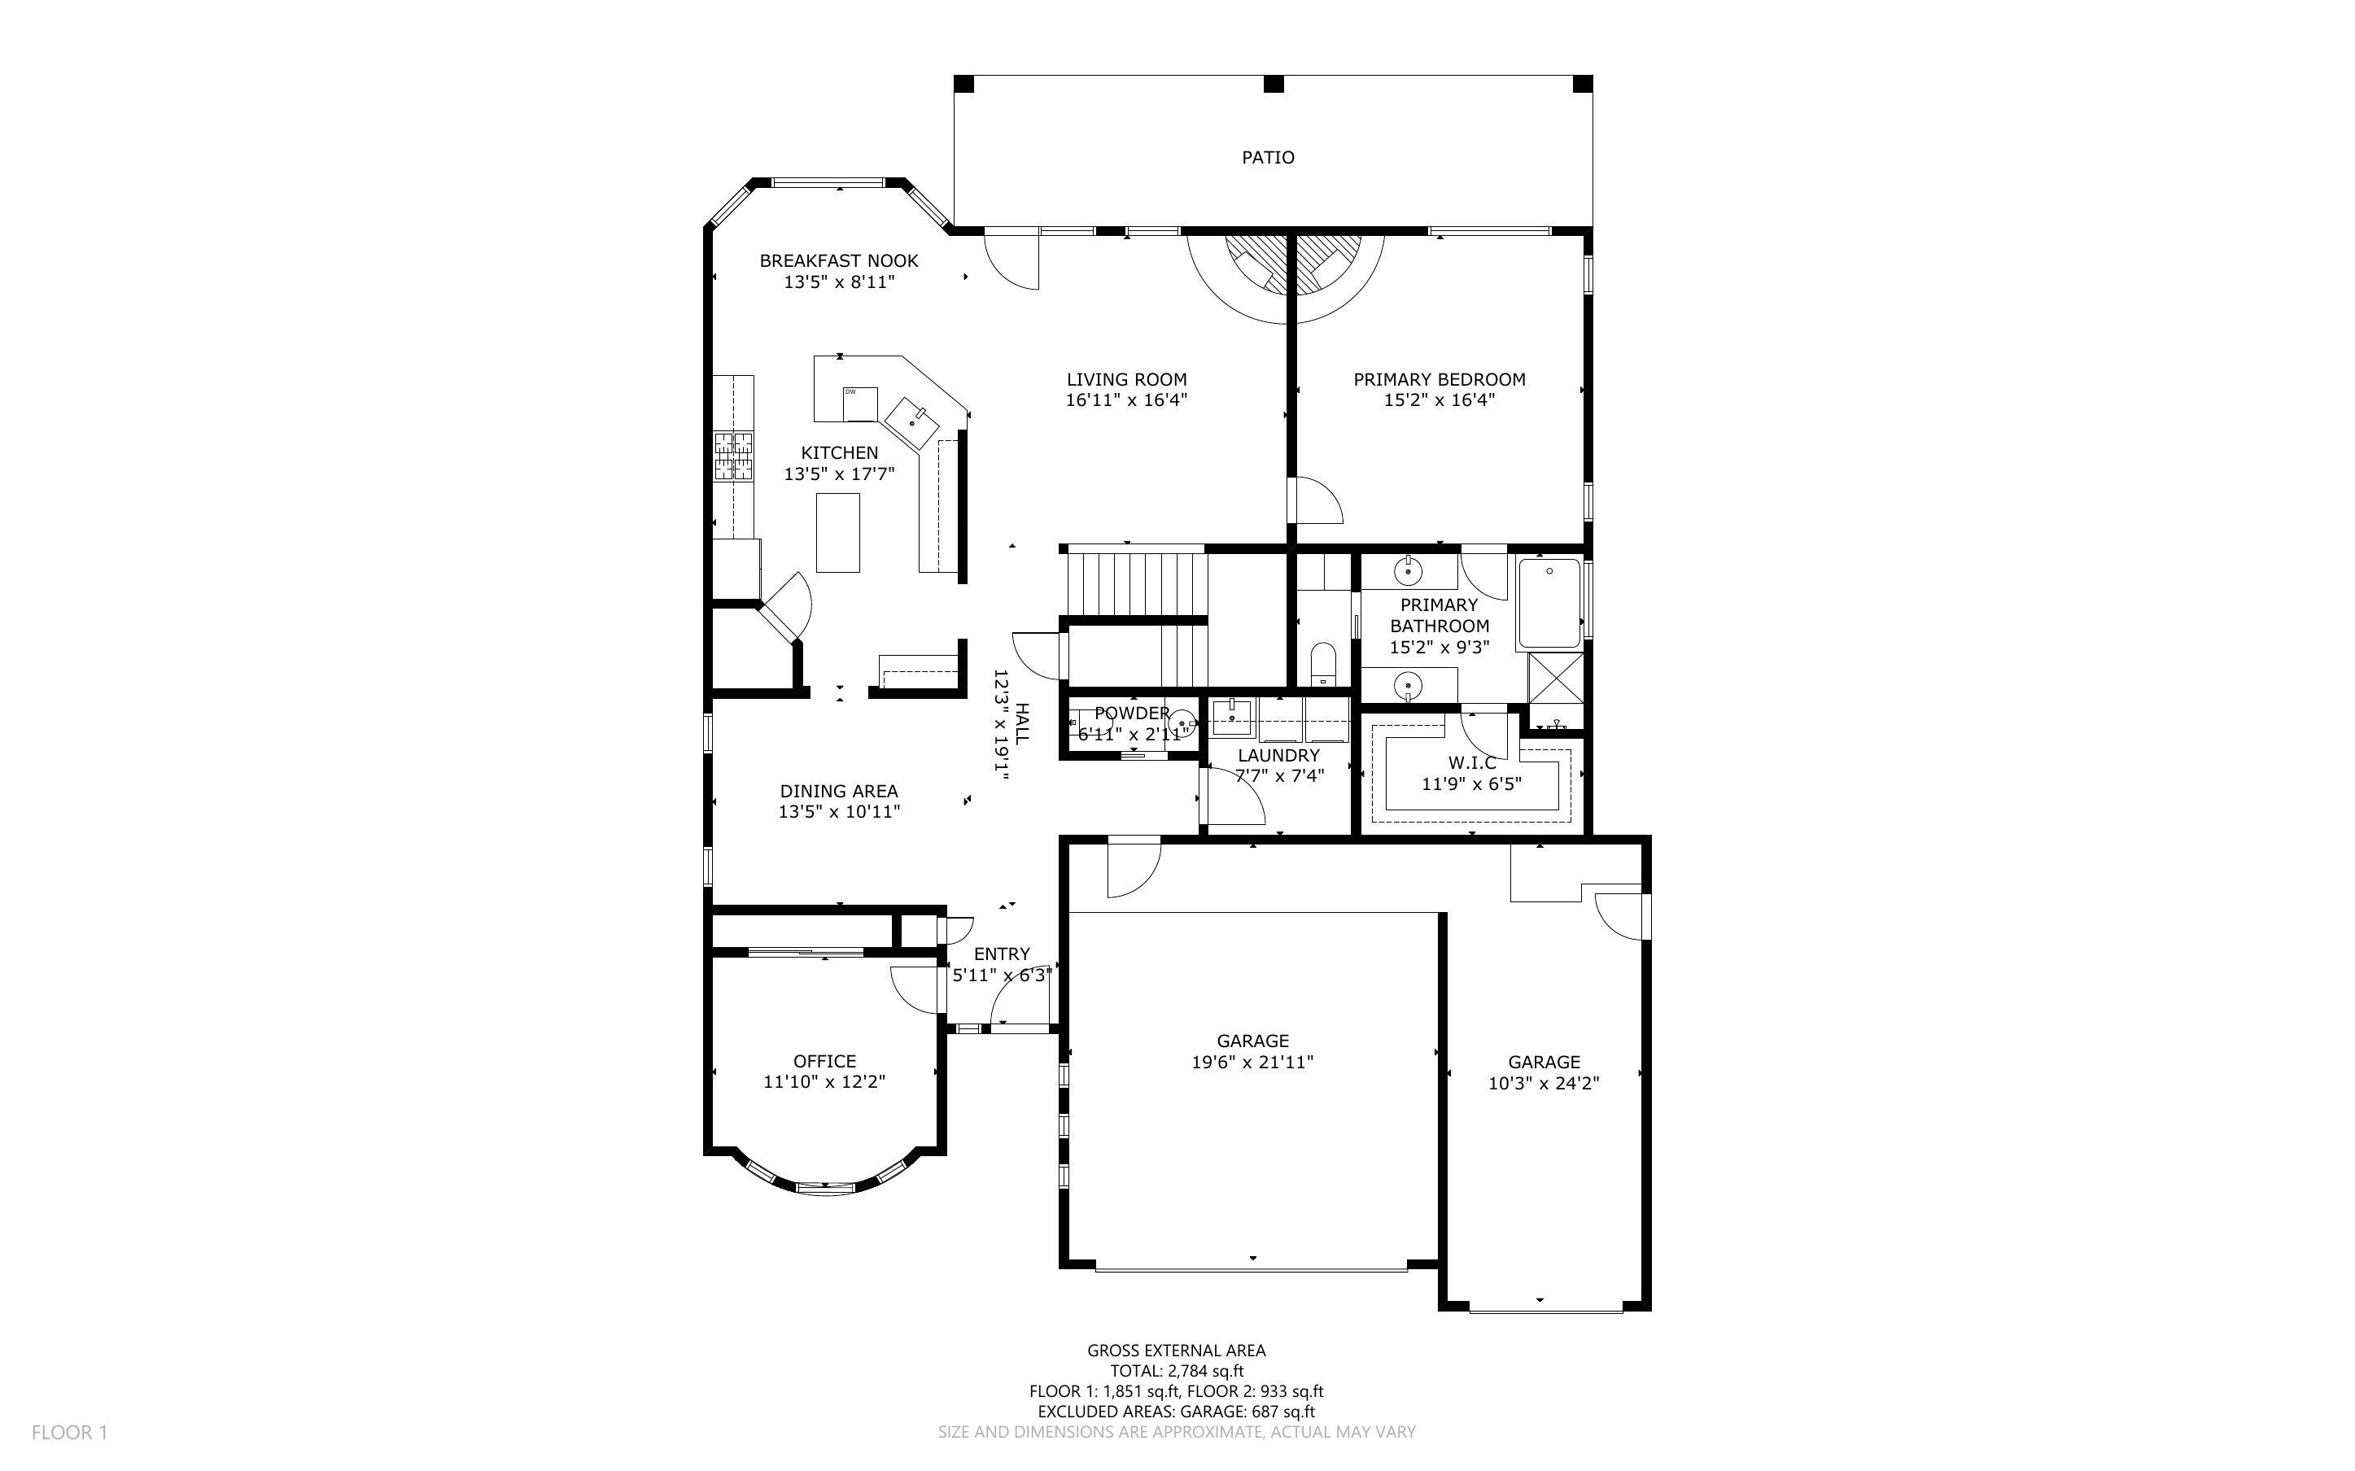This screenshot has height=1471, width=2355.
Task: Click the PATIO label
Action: pos(1268,158)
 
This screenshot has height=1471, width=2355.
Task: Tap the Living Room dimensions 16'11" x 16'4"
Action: pos(1126,399)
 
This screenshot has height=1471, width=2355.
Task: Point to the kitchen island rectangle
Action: pos(837,532)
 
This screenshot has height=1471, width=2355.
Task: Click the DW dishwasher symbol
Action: pos(860,403)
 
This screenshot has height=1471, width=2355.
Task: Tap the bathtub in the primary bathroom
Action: pos(1549,602)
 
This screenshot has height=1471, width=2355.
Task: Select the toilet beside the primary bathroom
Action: pos(1323,664)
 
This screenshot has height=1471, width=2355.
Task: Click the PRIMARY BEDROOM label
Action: pos(1439,379)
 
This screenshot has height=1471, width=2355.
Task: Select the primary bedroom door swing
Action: pos(1316,501)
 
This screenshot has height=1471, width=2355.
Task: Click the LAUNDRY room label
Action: pos(1278,755)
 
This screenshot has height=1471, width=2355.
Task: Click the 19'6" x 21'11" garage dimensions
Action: pos(1252,1063)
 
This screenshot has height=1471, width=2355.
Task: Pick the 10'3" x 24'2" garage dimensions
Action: pos(1543,1084)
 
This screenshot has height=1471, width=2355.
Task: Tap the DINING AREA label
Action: pos(838,791)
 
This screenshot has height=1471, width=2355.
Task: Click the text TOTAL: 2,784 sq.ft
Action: pos(1176,1371)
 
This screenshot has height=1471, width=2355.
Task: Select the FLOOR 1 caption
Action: pos(69,1432)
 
